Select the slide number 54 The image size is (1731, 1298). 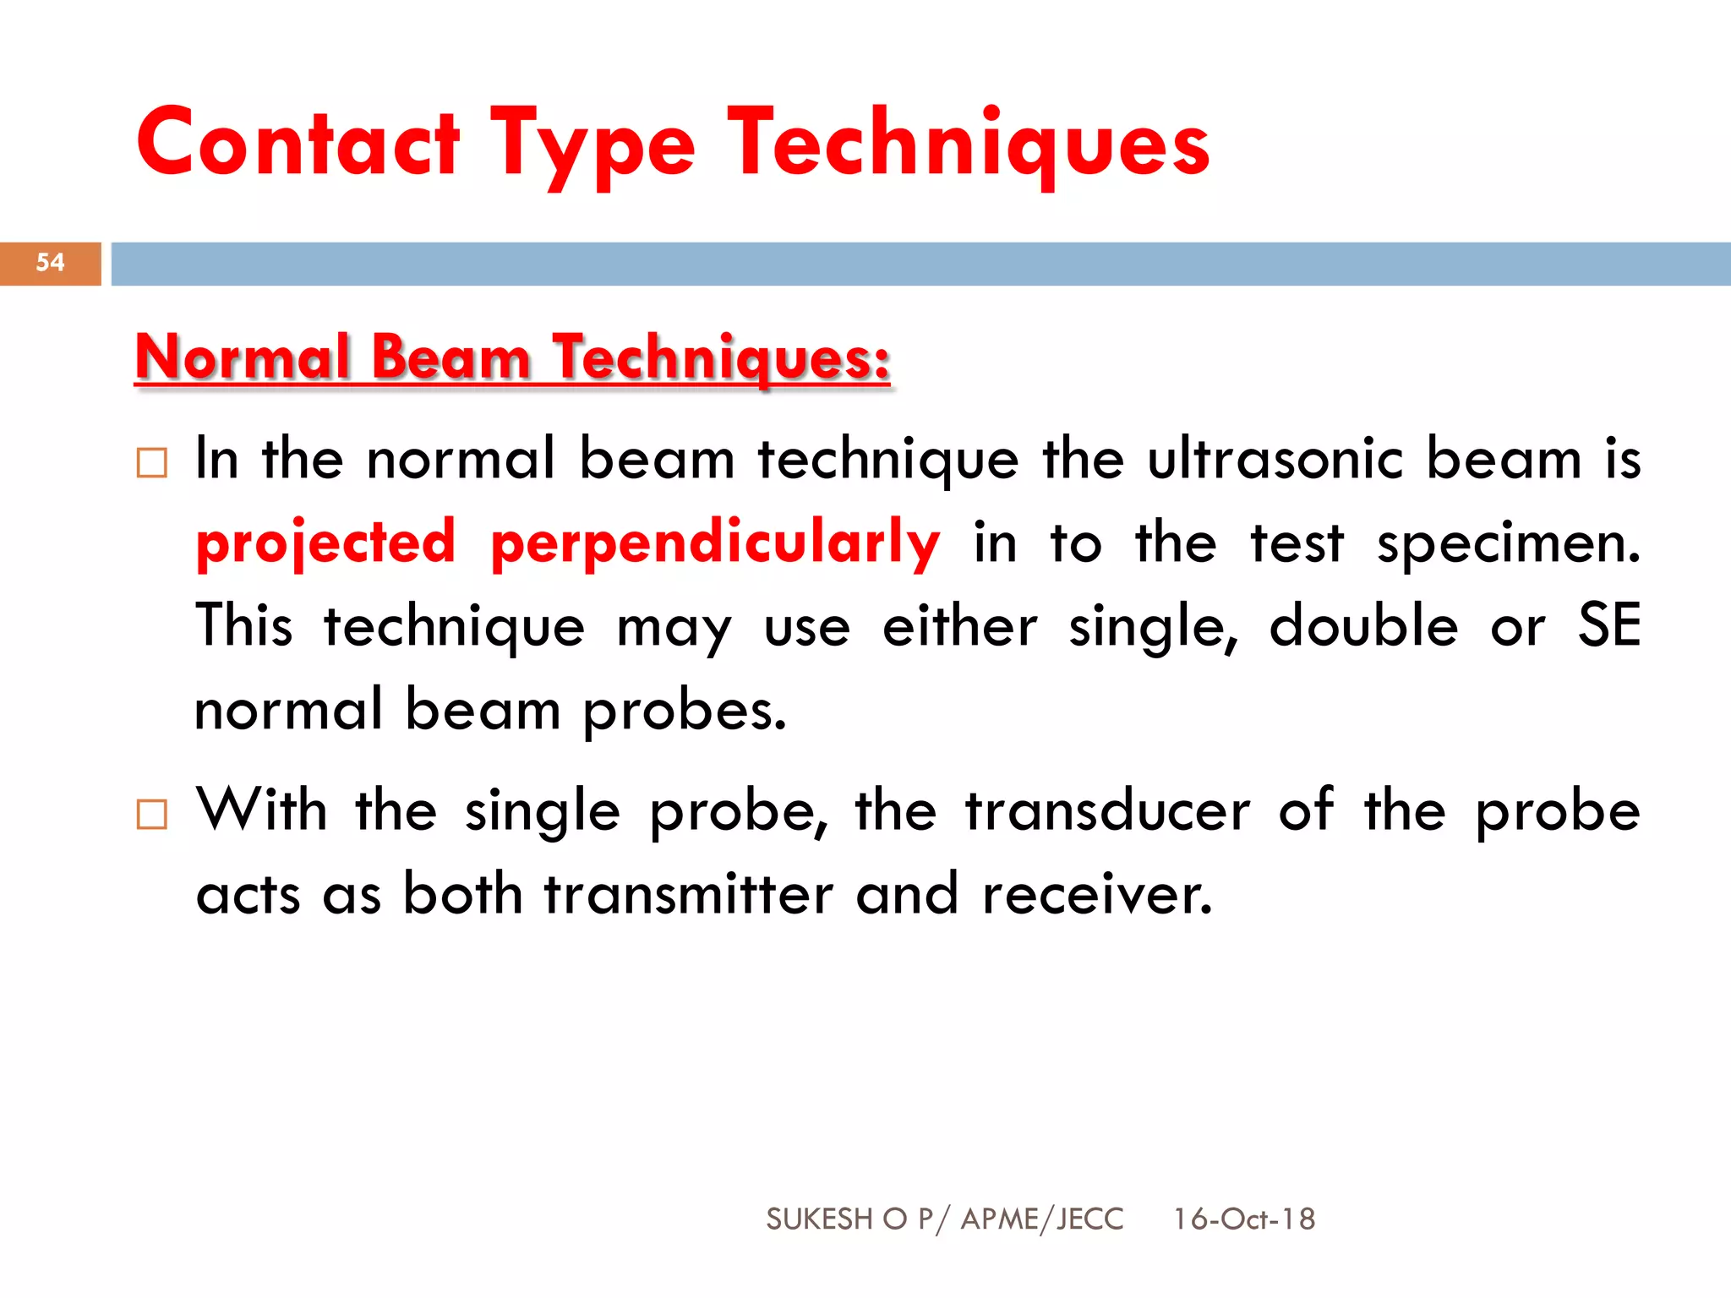click(x=50, y=263)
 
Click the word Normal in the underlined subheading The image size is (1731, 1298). click(x=243, y=357)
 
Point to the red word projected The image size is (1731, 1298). click(x=325, y=543)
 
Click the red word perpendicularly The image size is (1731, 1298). click(x=715, y=543)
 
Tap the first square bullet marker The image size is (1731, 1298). click(x=152, y=463)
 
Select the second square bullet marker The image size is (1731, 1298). click(x=152, y=815)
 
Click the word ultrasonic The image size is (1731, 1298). click(x=1275, y=460)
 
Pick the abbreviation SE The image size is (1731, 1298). click(x=1608, y=626)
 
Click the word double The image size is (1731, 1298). click(x=1363, y=626)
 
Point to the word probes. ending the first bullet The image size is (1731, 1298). click(x=685, y=711)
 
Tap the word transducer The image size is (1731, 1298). click(x=1107, y=810)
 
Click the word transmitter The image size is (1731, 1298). click(x=688, y=894)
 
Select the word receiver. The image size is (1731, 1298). click(x=1097, y=894)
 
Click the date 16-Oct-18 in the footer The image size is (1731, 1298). click(x=1243, y=1219)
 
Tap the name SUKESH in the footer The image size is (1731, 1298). click(x=818, y=1219)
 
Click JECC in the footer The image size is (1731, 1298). click(x=1090, y=1219)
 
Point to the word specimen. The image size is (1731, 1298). click(x=1508, y=543)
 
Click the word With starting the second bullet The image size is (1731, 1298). click(x=261, y=810)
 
